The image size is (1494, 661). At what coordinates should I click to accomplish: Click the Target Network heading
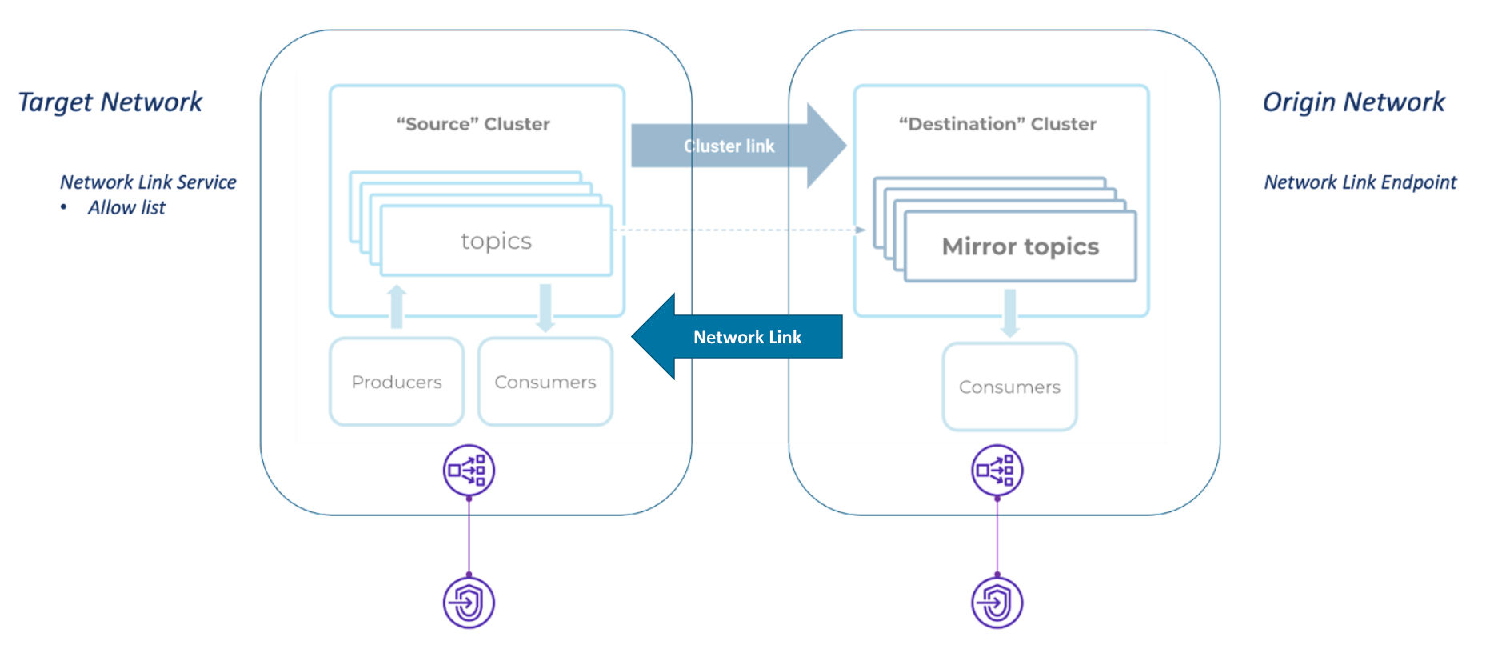(110, 102)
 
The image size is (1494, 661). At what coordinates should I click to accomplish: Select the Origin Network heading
(1353, 102)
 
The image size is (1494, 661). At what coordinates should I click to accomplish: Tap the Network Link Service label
(148, 182)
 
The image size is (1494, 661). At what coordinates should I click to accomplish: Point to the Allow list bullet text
(126, 208)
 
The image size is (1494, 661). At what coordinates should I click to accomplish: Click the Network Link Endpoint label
(1360, 182)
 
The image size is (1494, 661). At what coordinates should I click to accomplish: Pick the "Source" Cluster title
(473, 124)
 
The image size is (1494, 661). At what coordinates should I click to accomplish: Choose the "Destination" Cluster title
(997, 124)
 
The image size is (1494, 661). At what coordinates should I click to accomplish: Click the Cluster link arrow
(729, 146)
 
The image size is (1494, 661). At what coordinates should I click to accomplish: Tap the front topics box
(496, 241)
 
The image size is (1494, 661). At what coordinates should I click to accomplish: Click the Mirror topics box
(1020, 247)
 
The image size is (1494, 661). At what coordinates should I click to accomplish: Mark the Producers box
(397, 382)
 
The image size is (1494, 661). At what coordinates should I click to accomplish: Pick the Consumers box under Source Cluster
(545, 382)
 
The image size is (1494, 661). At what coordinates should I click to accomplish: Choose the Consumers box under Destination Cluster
(1009, 387)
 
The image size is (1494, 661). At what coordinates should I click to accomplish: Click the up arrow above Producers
(397, 306)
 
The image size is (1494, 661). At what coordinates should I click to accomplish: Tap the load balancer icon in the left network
(469, 471)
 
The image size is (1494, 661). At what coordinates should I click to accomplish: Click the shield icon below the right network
(997, 603)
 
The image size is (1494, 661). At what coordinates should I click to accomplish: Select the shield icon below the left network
(469, 603)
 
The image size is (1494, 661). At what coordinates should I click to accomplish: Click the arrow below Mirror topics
(1009, 313)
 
